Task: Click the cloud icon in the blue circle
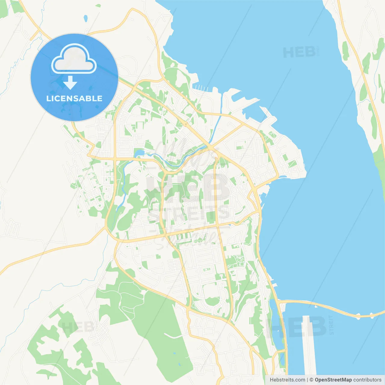tap(74, 59)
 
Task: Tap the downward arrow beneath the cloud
tap(70, 83)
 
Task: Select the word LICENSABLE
tap(74, 98)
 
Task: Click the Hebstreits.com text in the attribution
tap(287, 380)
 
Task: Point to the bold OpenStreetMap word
tap(333, 380)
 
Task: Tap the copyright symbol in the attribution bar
tap(311, 380)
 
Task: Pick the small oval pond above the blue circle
tap(86, 19)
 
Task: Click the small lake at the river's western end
tap(139, 154)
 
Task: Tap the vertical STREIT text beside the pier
tap(331, 325)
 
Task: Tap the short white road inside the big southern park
tap(173, 335)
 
